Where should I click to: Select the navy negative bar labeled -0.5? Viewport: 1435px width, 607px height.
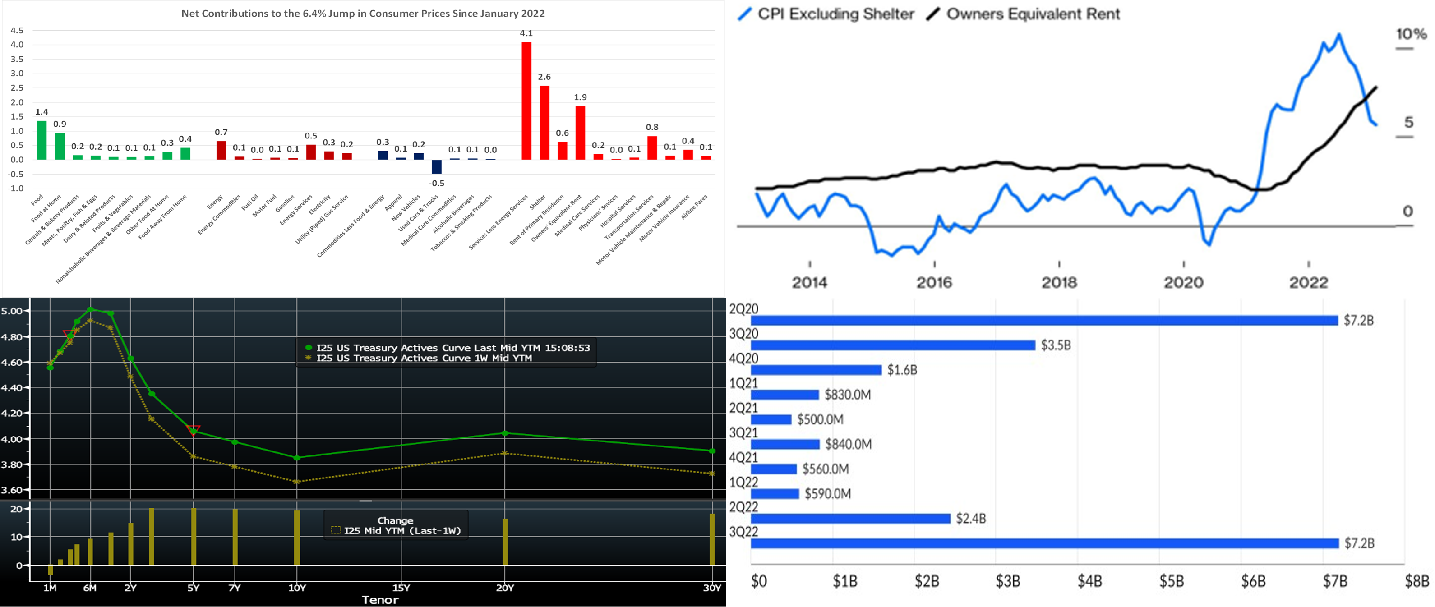click(x=437, y=166)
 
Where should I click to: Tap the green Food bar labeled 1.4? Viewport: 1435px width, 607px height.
click(x=42, y=140)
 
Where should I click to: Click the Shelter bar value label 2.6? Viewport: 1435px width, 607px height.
click(x=544, y=77)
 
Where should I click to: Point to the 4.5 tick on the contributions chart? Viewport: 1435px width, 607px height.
click(x=17, y=31)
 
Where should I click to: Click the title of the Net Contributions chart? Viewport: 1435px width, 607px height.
click(x=363, y=14)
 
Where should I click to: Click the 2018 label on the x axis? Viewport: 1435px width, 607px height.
click(x=1059, y=282)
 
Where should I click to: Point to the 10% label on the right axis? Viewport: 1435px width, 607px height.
click(x=1411, y=35)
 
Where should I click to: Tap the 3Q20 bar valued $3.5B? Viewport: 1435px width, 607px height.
click(x=892, y=345)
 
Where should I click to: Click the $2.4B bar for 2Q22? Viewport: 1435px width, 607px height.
click(x=850, y=519)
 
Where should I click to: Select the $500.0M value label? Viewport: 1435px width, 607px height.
click(x=820, y=419)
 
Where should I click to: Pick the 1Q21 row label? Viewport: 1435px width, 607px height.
click(x=744, y=383)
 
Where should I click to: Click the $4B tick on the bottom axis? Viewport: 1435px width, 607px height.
click(x=1089, y=581)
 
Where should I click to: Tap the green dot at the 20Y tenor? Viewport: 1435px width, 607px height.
click(x=505, y=432)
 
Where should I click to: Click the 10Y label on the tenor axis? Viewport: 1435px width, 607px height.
click(x=297, y=588)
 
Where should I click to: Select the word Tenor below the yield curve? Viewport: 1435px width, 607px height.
click(x=380, y=600)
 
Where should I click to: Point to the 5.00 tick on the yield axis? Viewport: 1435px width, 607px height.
click(x=12, y=311)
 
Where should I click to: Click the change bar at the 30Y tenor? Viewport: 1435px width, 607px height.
click(x=712, y=539)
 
